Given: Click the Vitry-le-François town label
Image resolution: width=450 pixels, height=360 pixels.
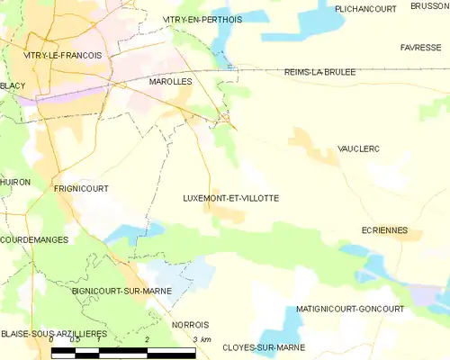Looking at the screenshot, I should click(62, 55).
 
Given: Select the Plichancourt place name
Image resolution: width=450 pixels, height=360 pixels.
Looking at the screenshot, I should click(366, 8).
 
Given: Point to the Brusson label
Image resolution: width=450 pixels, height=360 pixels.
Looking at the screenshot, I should click(430, 5).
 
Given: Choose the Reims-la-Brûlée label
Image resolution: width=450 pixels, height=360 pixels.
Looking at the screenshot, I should click(319, 71).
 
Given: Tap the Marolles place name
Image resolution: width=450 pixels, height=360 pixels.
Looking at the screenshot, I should click(171, 81).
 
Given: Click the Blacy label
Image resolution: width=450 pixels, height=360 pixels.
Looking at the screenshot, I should click(13, 85).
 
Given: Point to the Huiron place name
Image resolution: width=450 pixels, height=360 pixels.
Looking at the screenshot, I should click(15, 182).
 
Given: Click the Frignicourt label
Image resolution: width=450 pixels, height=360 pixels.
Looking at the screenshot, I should click(81, 189).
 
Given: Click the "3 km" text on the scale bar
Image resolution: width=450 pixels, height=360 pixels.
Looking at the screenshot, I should click(202, 339).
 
